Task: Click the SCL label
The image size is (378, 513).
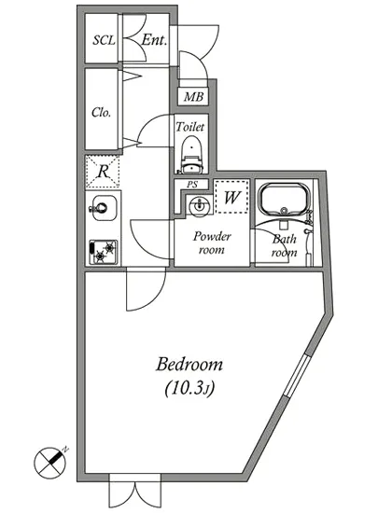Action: (x=105, y=40)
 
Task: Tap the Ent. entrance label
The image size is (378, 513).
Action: (x=155, y=40)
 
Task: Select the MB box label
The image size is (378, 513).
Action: (x=193, y=97)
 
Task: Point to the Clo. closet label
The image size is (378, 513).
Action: (x=101, y=112)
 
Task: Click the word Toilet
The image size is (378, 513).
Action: (x=189, y=127)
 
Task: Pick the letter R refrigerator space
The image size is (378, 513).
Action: (x=103, y=171)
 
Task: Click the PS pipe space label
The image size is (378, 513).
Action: (x=192, y=184)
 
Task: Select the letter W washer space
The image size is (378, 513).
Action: (x=231, y=197)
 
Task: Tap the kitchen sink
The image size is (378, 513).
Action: (x=103, y=208)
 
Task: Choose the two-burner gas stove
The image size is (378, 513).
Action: (x=103, y=252)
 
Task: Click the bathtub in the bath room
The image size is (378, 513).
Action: (x=285, y=200)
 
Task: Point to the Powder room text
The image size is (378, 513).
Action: (x=212, y=243)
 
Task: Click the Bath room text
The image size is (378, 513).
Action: (x=285, y=245)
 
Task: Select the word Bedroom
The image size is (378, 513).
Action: (x=189, y=364)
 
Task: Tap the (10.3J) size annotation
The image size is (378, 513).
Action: (x=189, y=388)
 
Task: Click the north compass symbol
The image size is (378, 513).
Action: (x=50, y=462)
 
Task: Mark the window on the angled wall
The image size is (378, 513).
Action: (x=296, y=376)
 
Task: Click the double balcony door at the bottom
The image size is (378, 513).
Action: (x=134, y=491)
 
